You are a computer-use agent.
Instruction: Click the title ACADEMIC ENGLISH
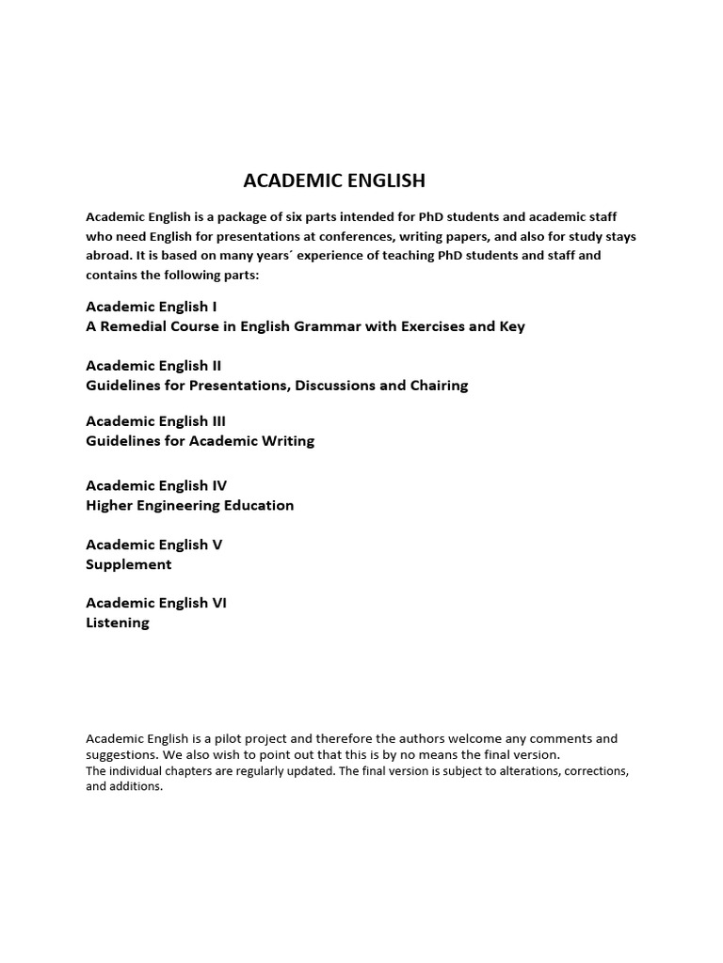click(x=334, y=181)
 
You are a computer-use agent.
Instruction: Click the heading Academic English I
click(x=152, y=307)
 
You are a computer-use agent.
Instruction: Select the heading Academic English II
click(x=153, y=365)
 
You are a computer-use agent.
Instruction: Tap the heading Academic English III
click(x=155, y=420)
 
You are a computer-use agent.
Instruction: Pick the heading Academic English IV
click(x=156, y=485)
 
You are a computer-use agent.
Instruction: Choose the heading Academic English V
click(x=154, y=545)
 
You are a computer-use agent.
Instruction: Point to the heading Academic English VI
click(x=156, y=603)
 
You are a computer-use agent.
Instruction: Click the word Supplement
click(x=129, y=564)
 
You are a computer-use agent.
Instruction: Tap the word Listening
click(x=118, y=623)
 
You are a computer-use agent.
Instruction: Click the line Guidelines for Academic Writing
click(x=201, y=440)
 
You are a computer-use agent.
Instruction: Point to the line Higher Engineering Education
click(x=190, y=505)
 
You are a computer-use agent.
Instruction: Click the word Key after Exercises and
click(x=512, y=326)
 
